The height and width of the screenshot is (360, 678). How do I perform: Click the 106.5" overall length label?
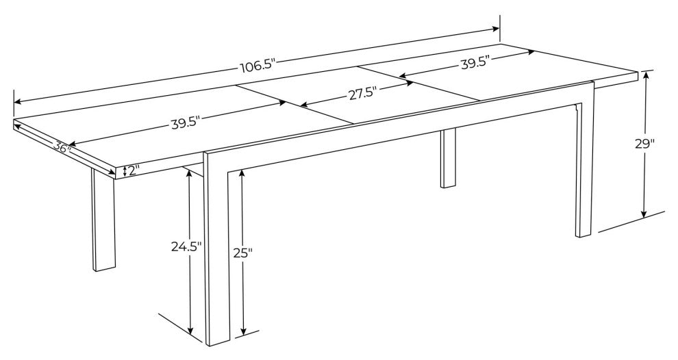(257, 66)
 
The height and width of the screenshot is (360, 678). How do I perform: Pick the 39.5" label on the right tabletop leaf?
(475, 64)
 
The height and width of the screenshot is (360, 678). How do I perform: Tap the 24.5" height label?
(186, 247)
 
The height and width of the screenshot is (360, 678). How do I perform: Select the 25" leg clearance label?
(242, 253)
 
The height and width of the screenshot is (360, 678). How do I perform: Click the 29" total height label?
(644, 144)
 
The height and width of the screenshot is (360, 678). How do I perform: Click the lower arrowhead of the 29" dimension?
(644, 214)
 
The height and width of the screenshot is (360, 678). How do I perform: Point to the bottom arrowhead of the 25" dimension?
(243, 331)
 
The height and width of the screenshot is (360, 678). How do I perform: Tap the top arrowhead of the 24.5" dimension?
(189, 172)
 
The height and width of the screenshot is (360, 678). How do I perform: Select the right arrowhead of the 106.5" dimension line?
(496, 29)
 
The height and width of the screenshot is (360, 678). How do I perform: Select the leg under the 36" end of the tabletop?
(104, 220)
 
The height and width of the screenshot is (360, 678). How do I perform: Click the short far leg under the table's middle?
(449, 158)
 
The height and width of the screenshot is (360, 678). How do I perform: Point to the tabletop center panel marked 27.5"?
(358, 95)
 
